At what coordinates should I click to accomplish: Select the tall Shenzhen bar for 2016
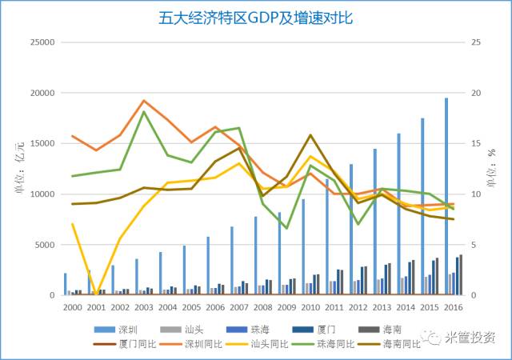pyautogui.click(x=446, y=196)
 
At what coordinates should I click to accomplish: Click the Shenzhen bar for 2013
pyautogui.click(x=374, y=222)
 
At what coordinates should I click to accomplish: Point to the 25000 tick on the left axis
pyautogui.click(x=41, y=42)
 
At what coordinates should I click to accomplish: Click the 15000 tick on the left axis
pyautogui.click(x=41, y=143)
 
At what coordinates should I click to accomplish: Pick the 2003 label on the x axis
pyautogui.click(x=144, y=307)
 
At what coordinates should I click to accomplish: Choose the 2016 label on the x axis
pyautogui.click(x=454, y=307)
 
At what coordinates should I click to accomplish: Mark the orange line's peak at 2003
pyautogui.click(x=143, y=101)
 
